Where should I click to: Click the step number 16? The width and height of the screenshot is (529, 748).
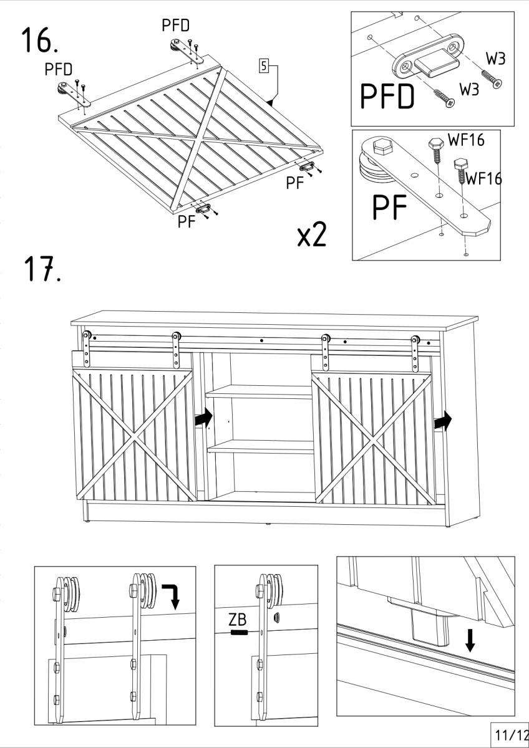click(x=39, y=41)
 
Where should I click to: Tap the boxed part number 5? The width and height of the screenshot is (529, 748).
click(x=264, y=66)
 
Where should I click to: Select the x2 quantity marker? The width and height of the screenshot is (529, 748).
click(x=312, y=234)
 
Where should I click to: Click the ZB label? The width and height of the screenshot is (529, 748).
click(x=238, y=620)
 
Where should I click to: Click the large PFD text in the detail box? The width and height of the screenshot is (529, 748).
click(x=387, y=96)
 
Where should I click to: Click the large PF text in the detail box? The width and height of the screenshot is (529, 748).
click(x=390, y=208)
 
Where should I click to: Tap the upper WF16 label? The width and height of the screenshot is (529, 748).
click(x=466, y=140)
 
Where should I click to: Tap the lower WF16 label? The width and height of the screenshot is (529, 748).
click(x=483, y=178)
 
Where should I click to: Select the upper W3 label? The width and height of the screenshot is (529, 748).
click(x=495, y=59)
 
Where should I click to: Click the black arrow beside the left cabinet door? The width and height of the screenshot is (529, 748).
click(x=203, y=417)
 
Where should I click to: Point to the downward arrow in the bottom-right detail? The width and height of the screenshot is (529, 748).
click(x=470, y=641)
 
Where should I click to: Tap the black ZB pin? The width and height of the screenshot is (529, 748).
click(x=238, y=633)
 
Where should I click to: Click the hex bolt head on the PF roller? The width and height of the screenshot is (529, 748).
click(x=382, y=147)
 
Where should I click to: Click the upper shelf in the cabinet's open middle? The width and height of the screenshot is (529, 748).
click(x=259, y=391)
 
